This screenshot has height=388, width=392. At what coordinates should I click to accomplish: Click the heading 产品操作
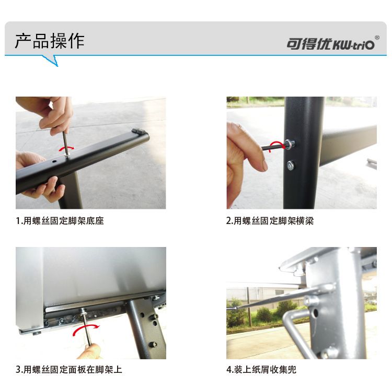pyautogui.click(x=50, y=41)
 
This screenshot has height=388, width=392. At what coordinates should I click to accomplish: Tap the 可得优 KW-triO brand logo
pyautogui.click(x=330, y=44)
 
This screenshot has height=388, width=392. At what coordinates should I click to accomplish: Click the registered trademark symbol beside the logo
pyautogui.click(x=377, y=38)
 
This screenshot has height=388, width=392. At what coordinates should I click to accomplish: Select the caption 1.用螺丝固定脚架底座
pyautogui.click(x=60, y=220)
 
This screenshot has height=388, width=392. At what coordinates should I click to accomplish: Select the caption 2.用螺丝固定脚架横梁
pyautogui.click(x=270, y=220)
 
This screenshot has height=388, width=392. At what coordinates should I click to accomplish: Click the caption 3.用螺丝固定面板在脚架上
pyautogui.click(x=69, y=369)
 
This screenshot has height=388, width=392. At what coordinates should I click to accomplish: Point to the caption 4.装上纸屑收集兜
pyautogui.click(x=261, y=369)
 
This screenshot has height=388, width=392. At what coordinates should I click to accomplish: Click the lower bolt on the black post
pyautogui.click(x=290, y=166)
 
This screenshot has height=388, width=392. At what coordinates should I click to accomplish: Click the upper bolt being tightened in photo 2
pyautogui.click(x=290, y=145)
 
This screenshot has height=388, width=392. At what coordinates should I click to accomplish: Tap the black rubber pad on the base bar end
pyautogui.click(x=138, y=132)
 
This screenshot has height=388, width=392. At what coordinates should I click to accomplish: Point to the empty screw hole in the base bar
pyautogui.click(x=54, y=162)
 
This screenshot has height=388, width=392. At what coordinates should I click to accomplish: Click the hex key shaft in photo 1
pyautogui.click(x=65, y=143)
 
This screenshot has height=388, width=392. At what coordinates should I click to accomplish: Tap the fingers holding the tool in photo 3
pyautogui.click(x=89, y=351)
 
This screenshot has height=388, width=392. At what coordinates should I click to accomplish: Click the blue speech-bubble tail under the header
pyautogui.click(x=51, y=61)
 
